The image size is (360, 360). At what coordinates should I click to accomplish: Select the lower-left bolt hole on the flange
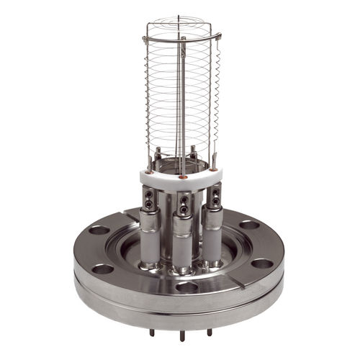[102, 269]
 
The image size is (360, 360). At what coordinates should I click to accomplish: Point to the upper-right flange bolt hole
[249, 225]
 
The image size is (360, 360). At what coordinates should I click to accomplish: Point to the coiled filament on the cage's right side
[214, 94]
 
